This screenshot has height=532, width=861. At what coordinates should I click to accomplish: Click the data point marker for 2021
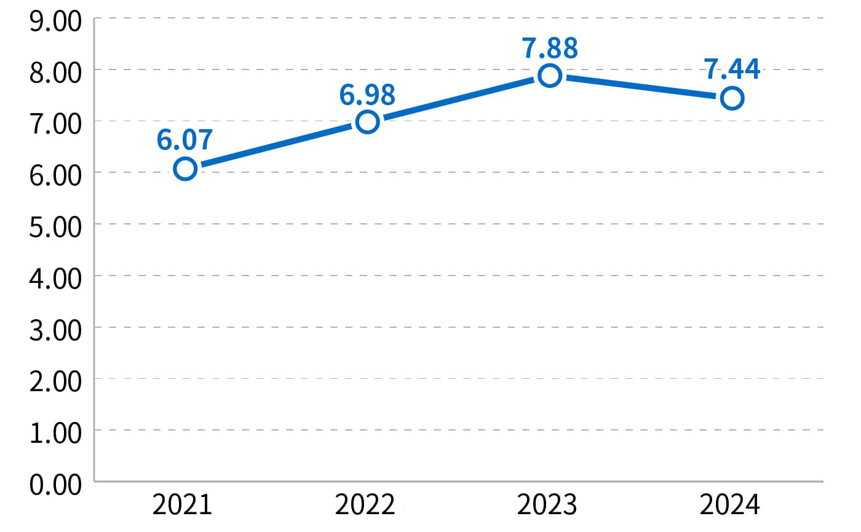coord(185,169)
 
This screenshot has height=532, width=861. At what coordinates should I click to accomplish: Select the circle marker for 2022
coord(367,122)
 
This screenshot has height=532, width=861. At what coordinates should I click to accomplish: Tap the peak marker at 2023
coord(549,76)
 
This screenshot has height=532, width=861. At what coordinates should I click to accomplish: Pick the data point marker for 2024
coord(732,98)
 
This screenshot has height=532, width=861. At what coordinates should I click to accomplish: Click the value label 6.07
coord(184,140)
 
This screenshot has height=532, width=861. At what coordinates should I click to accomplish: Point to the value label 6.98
coord(367,94)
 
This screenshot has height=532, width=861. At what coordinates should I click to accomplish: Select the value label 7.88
coord(549,49)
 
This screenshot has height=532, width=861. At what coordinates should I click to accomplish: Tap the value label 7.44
coord(732,69)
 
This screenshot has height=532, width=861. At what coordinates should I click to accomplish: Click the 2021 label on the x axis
coord(182,506)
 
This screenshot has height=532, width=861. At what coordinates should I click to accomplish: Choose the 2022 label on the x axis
coord(365,506)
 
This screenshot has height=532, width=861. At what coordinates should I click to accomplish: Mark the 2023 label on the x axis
coord(547,506)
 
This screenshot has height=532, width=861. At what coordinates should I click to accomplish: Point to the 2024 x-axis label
coord(730,506)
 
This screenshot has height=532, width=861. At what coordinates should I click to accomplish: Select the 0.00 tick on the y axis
coord(55,485)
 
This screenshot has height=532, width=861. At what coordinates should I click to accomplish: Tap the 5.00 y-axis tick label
coord(55,228)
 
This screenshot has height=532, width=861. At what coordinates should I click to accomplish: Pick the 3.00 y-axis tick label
coord(55,330)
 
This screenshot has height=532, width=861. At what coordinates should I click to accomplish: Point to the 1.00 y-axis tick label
coord(55,433)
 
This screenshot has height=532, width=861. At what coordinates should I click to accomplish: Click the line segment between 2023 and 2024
coord(641,87)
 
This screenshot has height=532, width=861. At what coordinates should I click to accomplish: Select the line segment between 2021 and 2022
coord(276,145)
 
